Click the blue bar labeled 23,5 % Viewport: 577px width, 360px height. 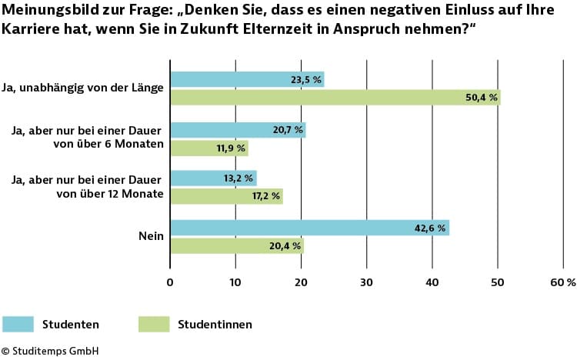[x=246, y=79]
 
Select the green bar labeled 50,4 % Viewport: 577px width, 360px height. [x=335, y=98]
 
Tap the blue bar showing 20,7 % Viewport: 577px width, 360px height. [x=237, y=130]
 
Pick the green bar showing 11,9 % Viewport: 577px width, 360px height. [x=208, y=148]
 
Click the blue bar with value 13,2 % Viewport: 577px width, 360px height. [x=213, y=178]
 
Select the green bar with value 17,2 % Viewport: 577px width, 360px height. [x=226, y=196]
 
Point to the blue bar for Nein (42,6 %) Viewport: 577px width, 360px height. [x=309, y=228]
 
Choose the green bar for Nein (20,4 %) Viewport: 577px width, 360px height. [x=236, y=245]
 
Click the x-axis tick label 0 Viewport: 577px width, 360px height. [x=170, y=282]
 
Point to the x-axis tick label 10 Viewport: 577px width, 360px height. [x=235, y=282]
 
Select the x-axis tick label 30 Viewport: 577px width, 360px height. [x=367, y=282]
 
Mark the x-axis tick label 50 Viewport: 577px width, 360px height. [x=499, y=282]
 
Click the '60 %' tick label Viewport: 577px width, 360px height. [x=562, y=282]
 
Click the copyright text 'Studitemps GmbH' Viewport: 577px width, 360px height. [x=55, y=351]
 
